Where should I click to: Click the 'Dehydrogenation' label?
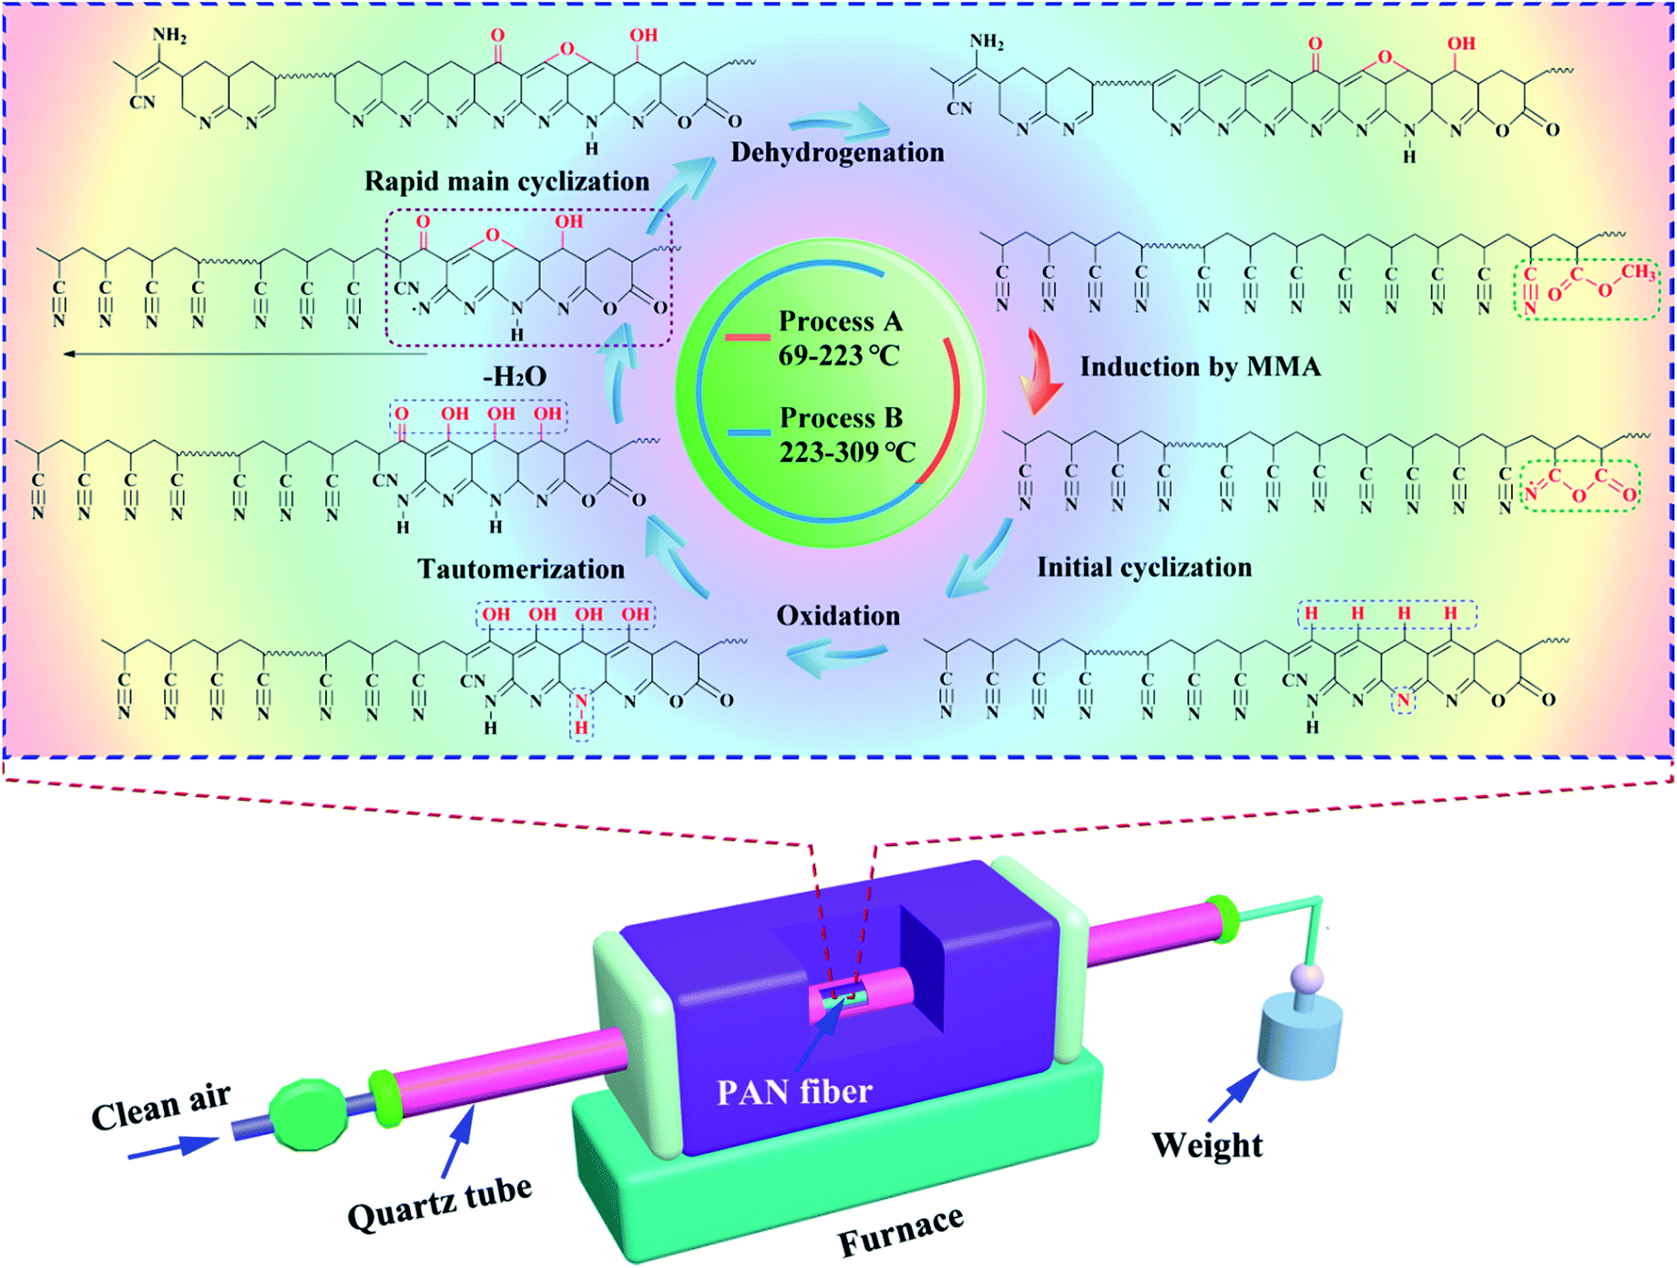tap(837, 152)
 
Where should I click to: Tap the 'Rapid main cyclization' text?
tap(506, 181)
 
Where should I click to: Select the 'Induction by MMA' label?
tap(1200, 367)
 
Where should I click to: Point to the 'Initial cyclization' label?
tap(1144, 568)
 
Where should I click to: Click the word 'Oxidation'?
tap(838, 616)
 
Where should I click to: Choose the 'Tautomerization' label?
tap(521, 569)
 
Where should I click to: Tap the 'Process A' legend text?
tap(840, 322)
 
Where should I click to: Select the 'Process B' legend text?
tap(841, 418)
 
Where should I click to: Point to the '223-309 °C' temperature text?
tap(847, 452)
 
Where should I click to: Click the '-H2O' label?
tap(515, 376)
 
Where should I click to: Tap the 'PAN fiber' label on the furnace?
tap(794, 1091)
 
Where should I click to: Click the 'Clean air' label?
tap(161, 1105)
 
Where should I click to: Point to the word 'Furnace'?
tap(900, 1230)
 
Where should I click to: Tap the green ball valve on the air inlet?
tap(309, 1115)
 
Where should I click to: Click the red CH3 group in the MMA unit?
tap(1637, 271)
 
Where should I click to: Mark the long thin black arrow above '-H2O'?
tap(246, 353)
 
